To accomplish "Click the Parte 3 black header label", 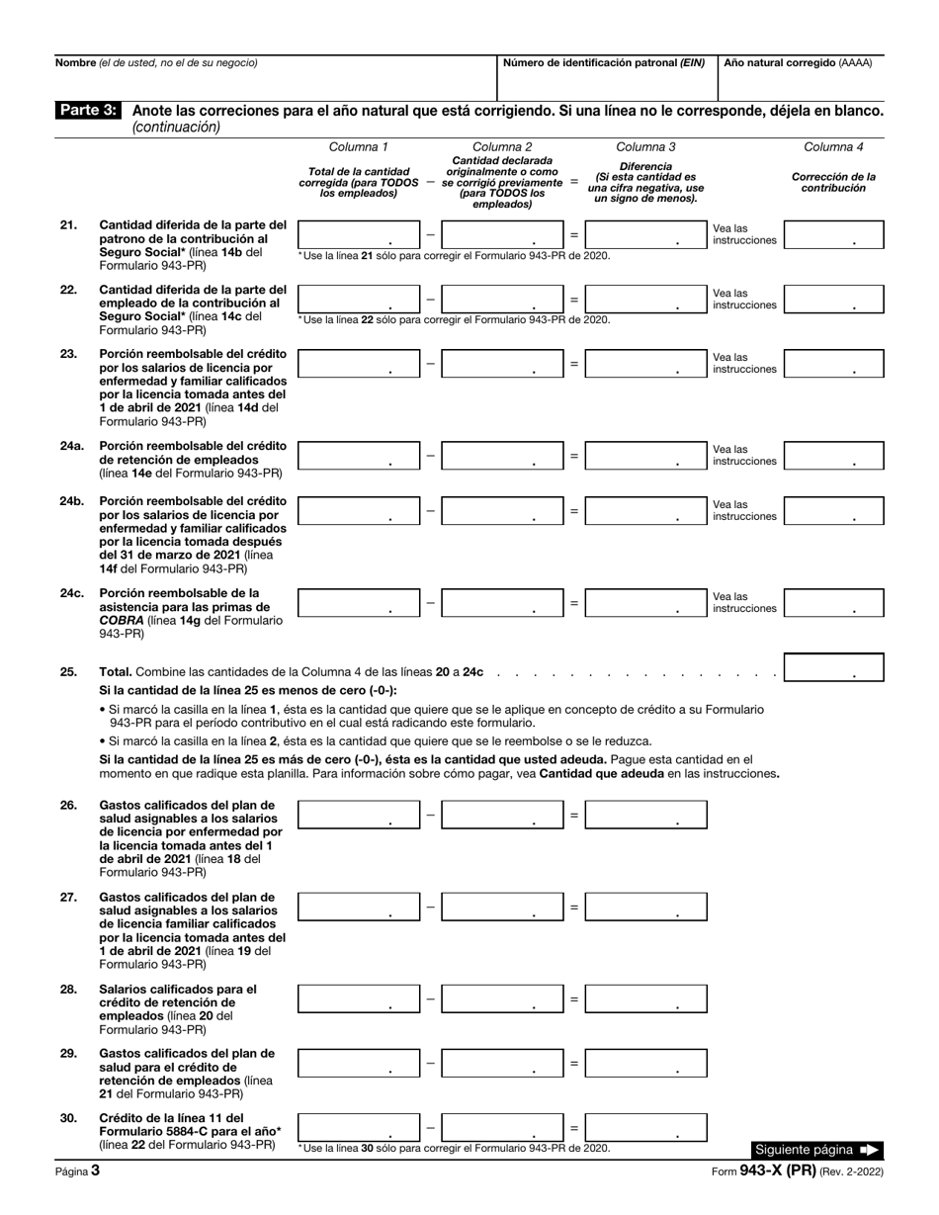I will tap(88, 111).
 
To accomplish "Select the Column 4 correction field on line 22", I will tap(834, 299).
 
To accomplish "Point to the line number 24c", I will tap(71, 594).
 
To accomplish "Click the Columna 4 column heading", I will tap(833, 147).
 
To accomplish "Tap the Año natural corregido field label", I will tap(799, 62).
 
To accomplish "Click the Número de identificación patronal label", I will tap(604, 62).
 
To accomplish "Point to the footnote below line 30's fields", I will tap(454, 1148).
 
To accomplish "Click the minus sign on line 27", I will tap(430, 907).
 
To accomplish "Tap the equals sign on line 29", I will tap(574, 1063).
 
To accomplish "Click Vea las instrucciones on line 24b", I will tap(745, 510).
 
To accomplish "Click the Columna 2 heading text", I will tap(502, 147).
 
